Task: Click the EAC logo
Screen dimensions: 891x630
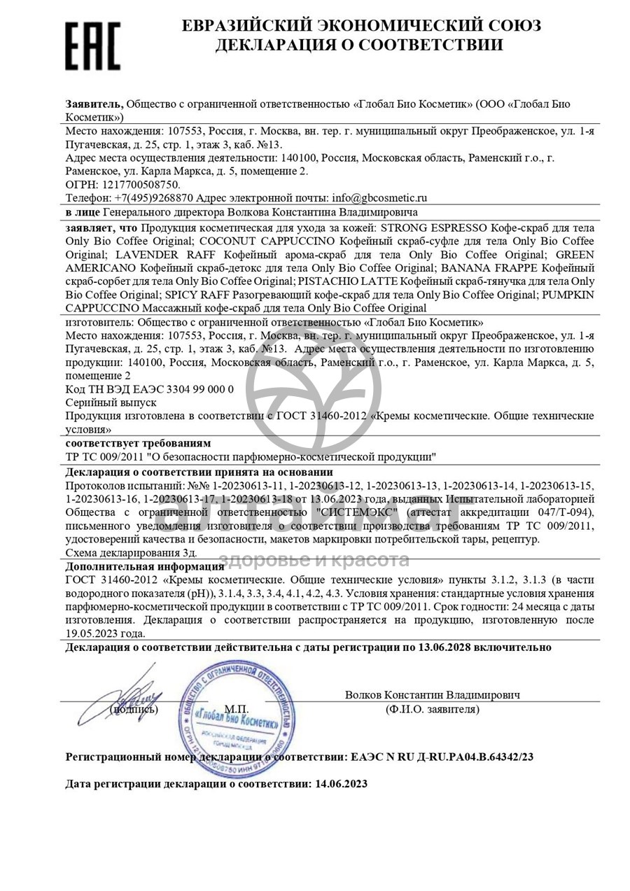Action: [x=93, y=45]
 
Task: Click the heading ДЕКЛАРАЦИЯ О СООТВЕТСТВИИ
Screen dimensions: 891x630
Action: [x=358, y=45]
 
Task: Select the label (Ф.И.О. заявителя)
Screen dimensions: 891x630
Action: [x=432, y=710]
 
